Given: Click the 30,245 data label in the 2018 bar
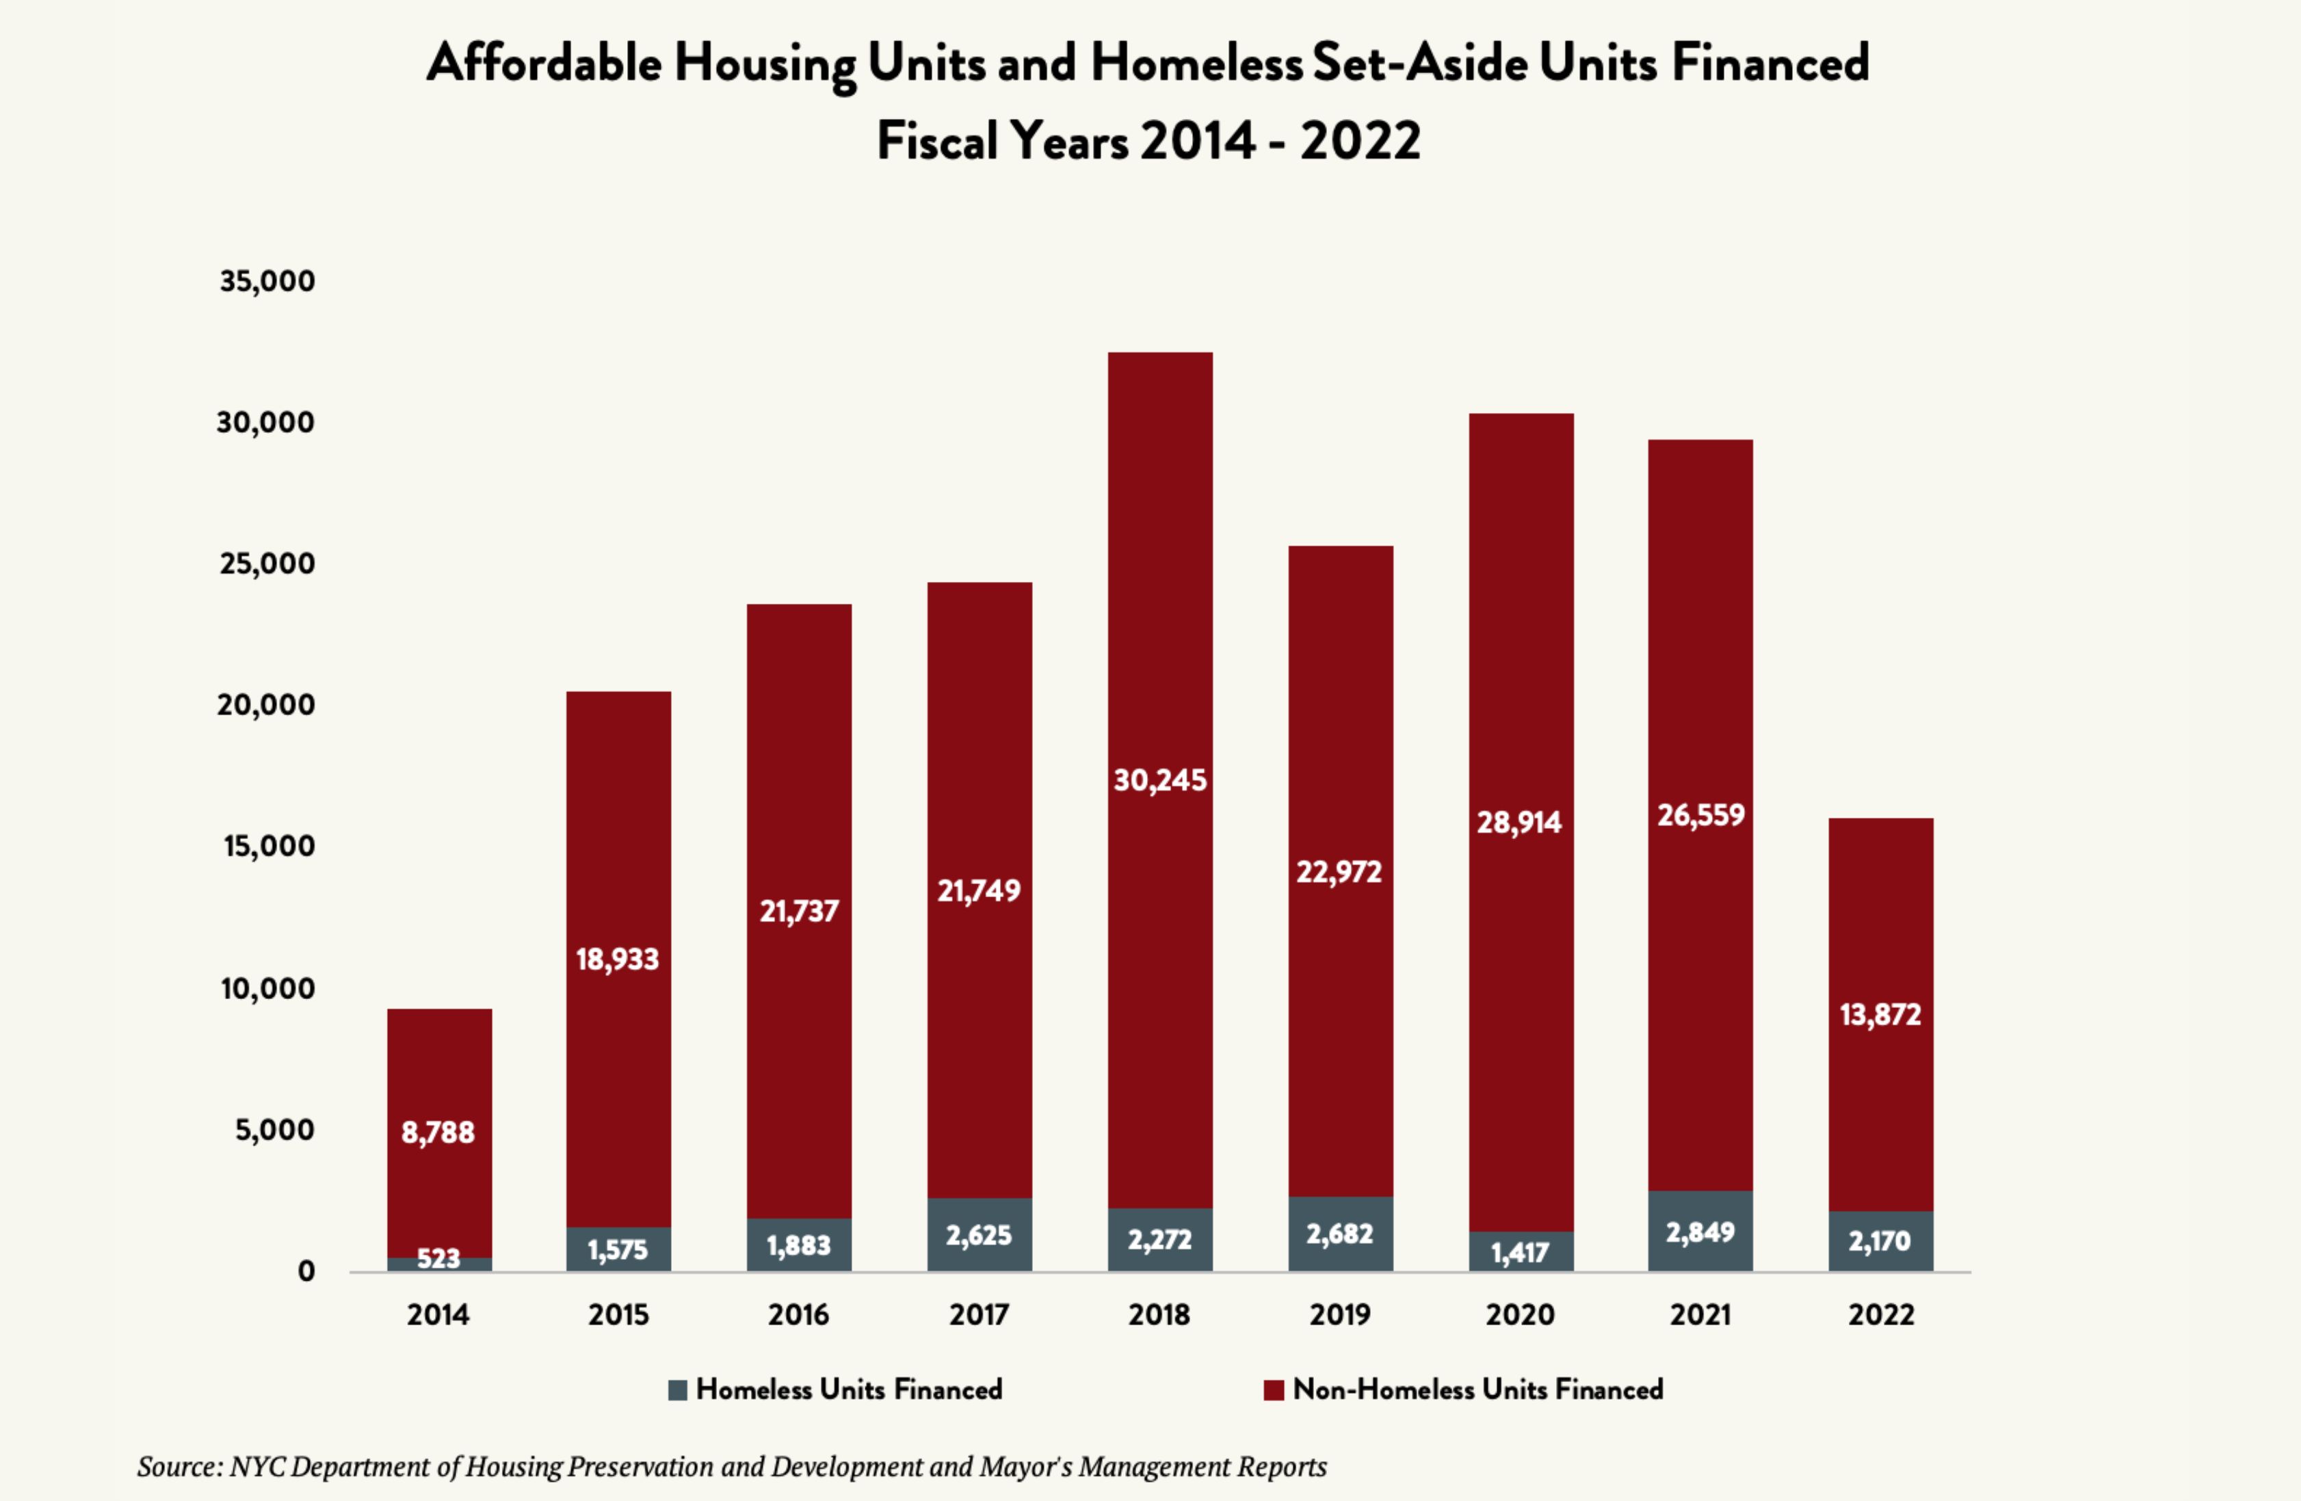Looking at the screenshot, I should [x=1160, y=780].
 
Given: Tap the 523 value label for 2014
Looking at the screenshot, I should [x=438, y=1258].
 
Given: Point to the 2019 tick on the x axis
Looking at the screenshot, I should [x=1340, y=1314].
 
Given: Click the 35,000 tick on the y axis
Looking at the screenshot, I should [x=267, y=281].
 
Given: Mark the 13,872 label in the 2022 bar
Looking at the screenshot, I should [x=1880, y=1015].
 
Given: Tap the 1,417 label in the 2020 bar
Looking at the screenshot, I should [x=1520, y=1253].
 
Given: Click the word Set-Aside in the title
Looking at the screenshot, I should [x=1419, y=64].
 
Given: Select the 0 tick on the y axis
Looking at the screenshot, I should [x=306, y=1271].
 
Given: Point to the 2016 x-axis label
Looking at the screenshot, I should [x=799, y=1314].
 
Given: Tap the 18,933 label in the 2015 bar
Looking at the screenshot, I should [x=618, y=959].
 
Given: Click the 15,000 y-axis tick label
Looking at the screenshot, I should [x=269, y=847].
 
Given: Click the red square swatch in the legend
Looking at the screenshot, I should [x=1274, y=1390].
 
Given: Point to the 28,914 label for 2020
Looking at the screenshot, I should [x=1519, y=823].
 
